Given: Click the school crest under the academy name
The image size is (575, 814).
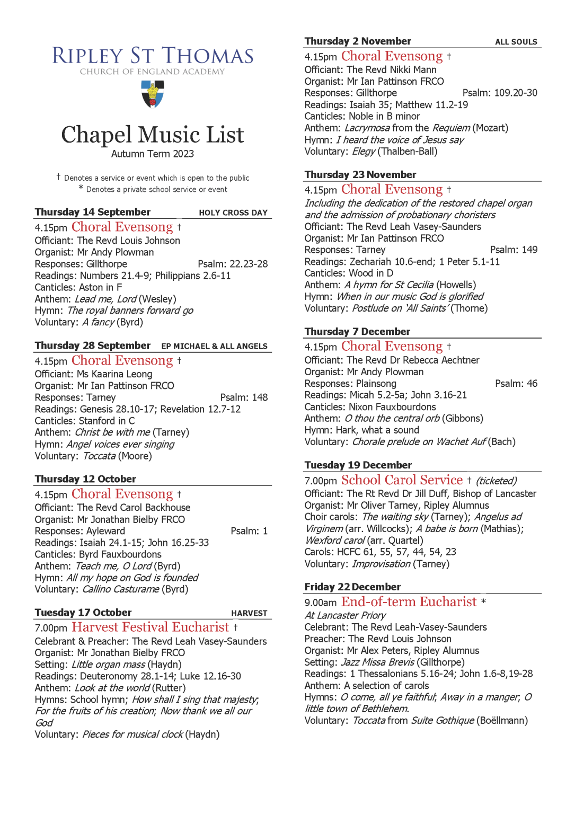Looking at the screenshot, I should point(153,94).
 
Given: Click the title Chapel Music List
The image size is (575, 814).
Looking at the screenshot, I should point(153,135).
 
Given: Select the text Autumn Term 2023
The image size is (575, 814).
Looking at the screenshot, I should point(153,154).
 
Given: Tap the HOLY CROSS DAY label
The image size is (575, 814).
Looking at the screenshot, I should point(233,213).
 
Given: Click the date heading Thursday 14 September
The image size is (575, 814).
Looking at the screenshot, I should point(93,212).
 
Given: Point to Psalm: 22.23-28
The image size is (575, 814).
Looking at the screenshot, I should point(233,264).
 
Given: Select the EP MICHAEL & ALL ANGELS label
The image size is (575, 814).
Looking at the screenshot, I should point(214,347).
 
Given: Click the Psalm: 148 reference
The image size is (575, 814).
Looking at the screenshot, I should point(244,397).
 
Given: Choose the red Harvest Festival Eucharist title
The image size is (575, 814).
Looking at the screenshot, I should point(151,627).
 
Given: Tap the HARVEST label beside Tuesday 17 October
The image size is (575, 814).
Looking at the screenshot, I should point(249,613).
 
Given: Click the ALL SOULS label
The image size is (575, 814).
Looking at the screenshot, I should point(516,42).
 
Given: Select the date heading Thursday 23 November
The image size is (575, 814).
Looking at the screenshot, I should point(360,175).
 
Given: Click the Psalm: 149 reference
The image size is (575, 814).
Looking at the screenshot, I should point(514,250).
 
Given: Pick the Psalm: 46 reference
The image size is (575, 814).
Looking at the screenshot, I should point(516,384).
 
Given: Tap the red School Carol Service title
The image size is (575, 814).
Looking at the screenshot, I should point(402,480).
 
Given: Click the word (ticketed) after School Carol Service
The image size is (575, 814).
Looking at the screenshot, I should point(496,481).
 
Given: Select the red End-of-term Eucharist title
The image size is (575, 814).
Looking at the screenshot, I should point(409,602).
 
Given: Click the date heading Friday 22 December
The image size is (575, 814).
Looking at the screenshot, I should point(352,587).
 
